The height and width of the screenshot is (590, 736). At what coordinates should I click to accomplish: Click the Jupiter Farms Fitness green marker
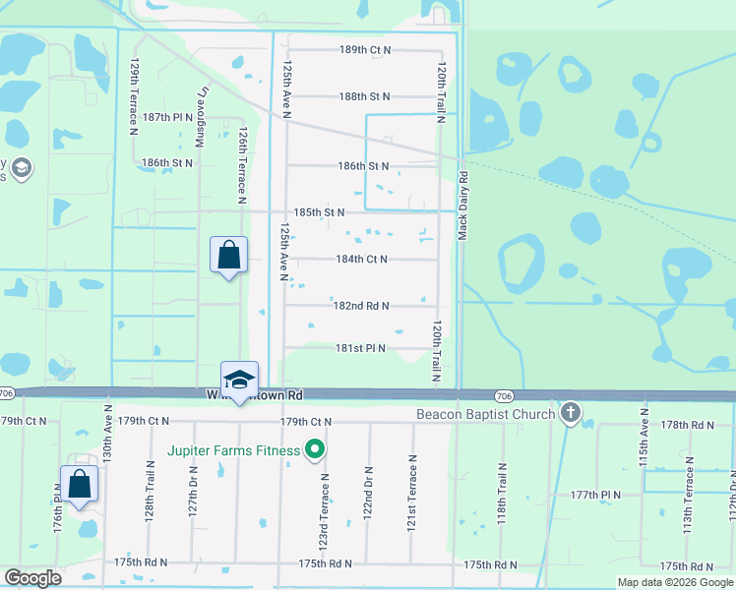(315, 451)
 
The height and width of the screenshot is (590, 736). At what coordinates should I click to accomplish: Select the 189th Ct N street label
(365, 49)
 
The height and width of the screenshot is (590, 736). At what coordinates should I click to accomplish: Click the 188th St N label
(365, 96)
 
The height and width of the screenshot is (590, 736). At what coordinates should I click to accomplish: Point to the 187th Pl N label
(167, 116)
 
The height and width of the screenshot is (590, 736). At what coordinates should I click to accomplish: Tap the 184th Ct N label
(361, 260)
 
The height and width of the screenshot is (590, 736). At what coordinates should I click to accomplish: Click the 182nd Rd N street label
(361, 306)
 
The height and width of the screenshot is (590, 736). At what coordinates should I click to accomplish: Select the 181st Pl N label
(360, 348)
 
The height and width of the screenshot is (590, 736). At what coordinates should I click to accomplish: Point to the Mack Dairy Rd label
(463, 206)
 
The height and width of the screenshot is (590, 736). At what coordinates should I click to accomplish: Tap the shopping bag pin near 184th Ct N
(228, 256)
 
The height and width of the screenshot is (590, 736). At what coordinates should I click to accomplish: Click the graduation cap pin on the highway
(237, 379)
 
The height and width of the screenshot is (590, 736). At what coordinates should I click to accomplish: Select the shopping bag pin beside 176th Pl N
(79, 485)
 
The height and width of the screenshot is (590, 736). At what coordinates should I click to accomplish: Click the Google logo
(33, 578)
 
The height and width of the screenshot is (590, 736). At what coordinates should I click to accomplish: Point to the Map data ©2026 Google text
(674, 582)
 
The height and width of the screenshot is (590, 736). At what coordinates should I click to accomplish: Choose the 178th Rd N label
(688, 425)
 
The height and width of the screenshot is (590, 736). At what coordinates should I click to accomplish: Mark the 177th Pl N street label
(596, 495)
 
